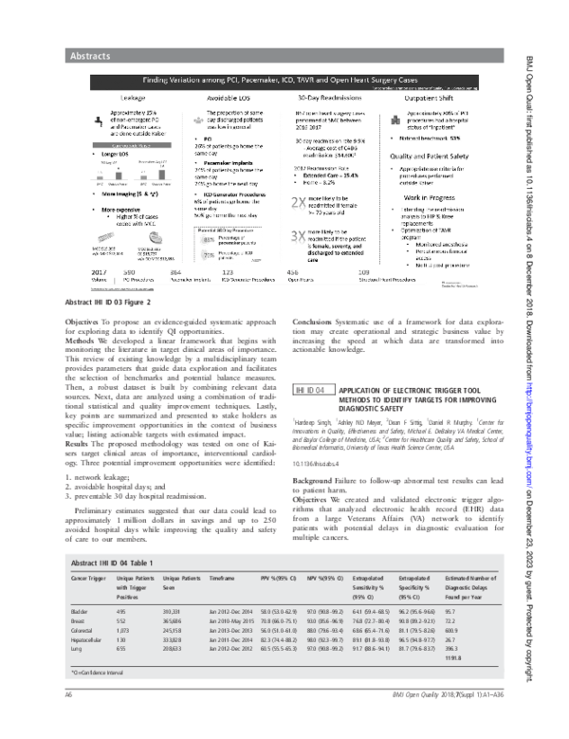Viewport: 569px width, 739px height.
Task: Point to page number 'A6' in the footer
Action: (x=69, y=722)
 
